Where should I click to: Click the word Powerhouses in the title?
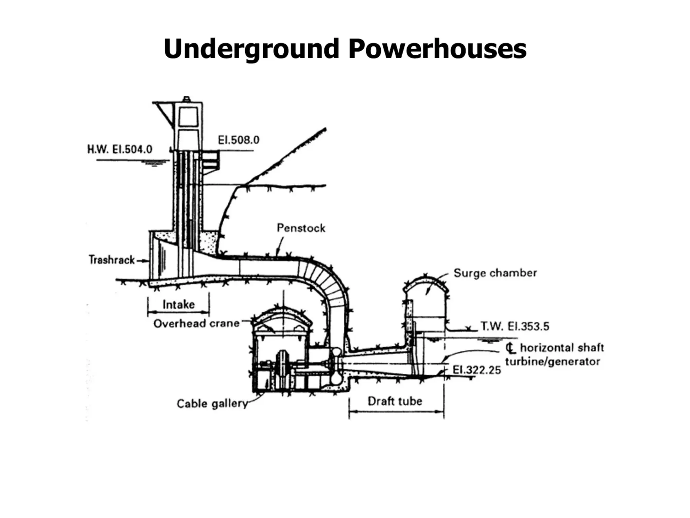click(437, 49)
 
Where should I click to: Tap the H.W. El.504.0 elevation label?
click(120, 149)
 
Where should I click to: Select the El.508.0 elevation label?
click(239, 140)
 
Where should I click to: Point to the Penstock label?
click(301, 228)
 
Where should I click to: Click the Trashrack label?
click(112, 260)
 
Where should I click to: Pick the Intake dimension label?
click(179, 305)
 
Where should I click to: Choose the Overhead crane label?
click(196, 323)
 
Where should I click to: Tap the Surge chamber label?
click(495, 273)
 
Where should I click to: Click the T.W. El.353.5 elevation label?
click(515, 326)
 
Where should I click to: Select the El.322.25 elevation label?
click(476, 370)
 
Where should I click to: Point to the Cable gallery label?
click(212, 403)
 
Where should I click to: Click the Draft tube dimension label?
click(395, 401)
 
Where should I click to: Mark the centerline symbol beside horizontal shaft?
click(511, 348)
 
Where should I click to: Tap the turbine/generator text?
click(553, 362)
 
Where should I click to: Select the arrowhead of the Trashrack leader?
click(147, 260)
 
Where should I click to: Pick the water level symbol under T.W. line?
click(488, 341)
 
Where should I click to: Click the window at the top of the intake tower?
click(188, 117)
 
